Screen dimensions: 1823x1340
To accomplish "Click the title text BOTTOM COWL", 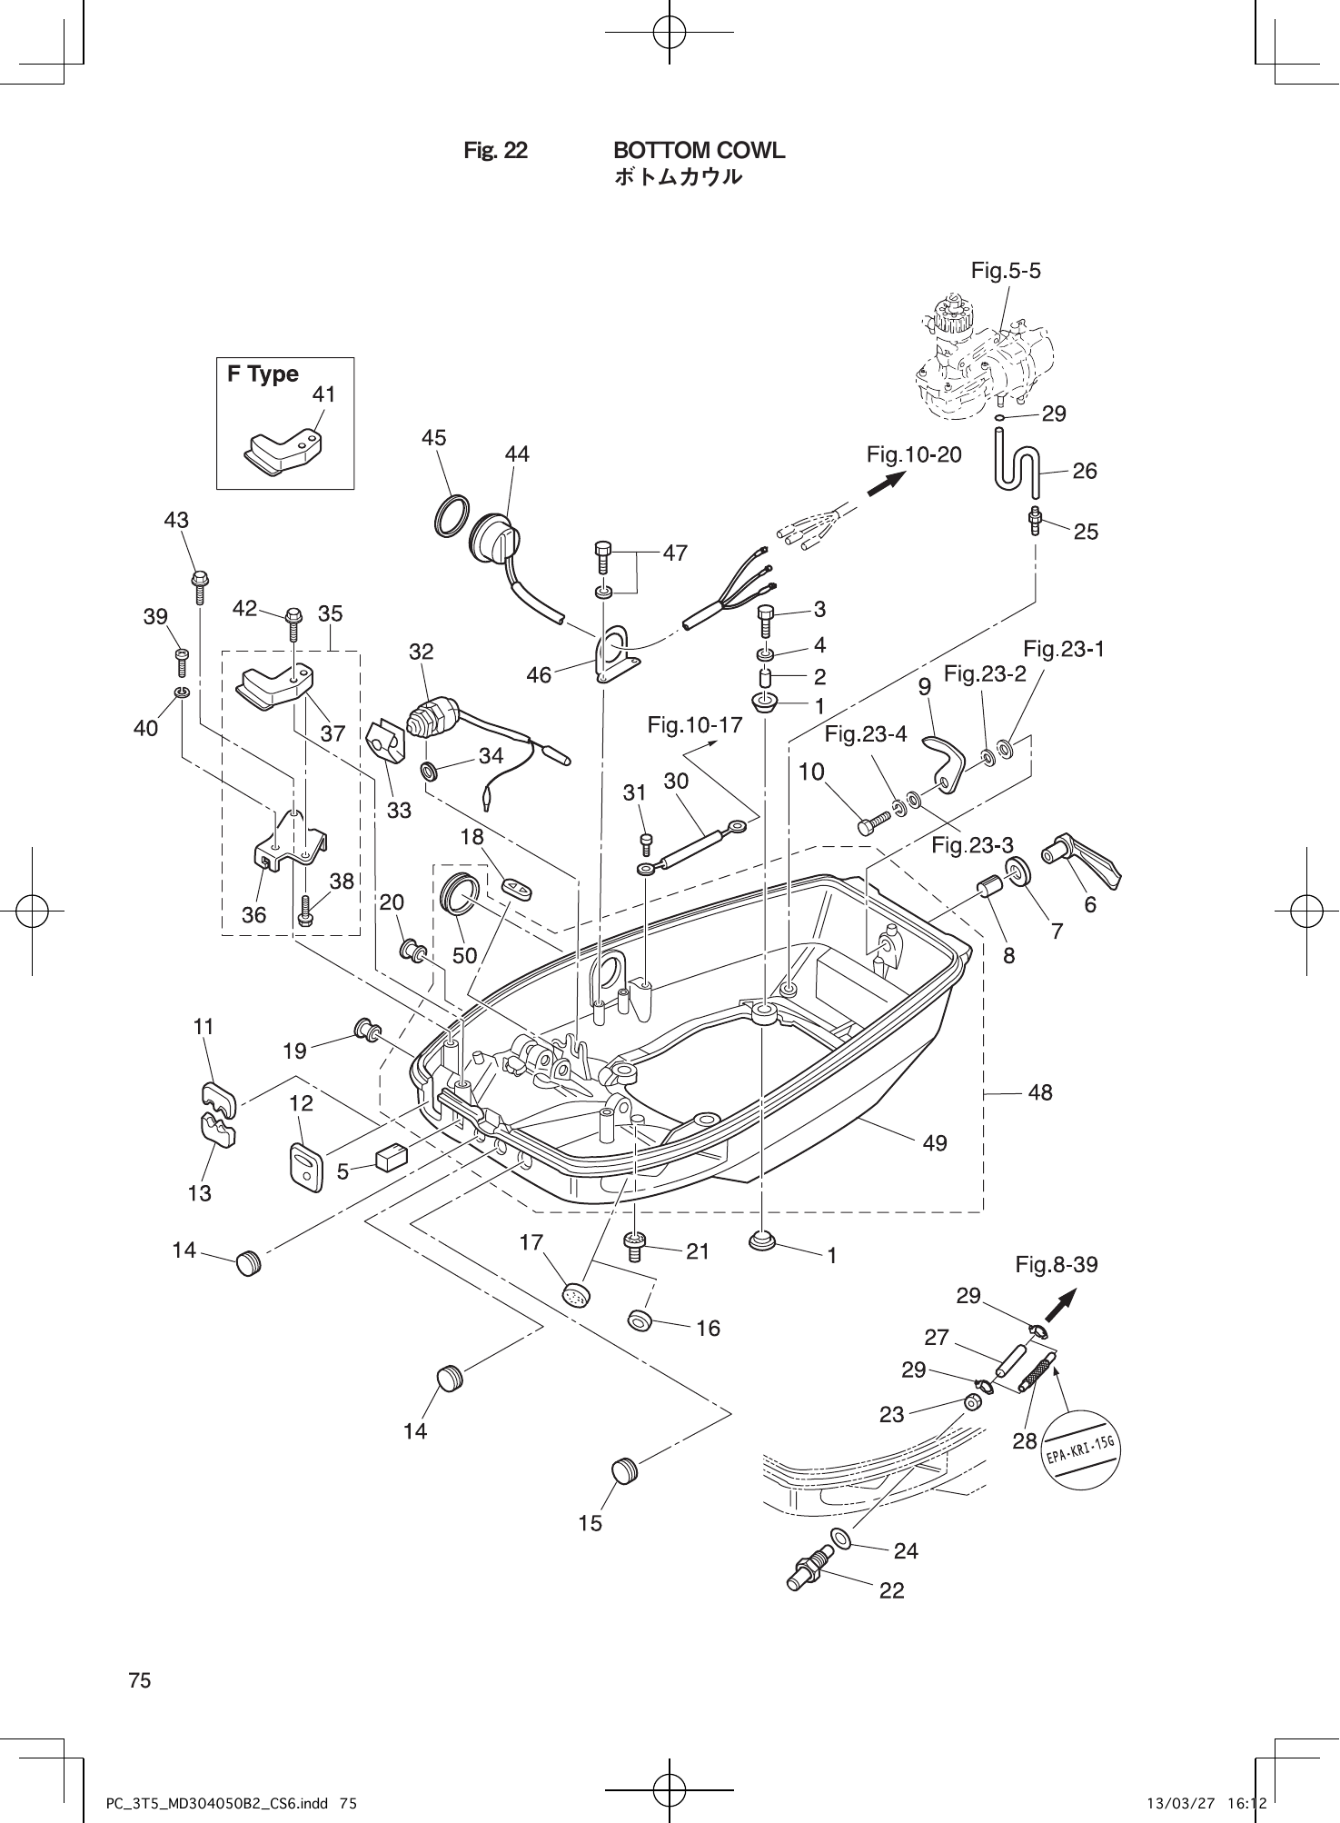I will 699,150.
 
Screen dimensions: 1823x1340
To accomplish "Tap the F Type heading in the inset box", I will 263,374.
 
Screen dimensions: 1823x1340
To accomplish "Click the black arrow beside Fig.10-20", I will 886,483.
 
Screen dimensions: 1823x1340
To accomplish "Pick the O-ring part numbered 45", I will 452,516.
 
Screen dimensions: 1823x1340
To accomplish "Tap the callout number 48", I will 1040,1092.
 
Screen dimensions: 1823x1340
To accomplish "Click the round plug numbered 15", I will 623,1469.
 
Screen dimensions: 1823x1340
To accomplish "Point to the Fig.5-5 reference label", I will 1006,270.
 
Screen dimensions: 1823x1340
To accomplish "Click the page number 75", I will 140,1680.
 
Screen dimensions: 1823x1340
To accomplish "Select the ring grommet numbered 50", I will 460,892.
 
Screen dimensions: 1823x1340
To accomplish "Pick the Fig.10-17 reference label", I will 695,724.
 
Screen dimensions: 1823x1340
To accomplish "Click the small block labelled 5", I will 391,1158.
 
